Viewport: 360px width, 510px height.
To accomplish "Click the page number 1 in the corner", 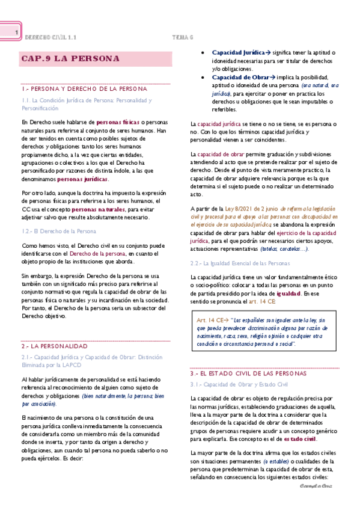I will tap(17, 32).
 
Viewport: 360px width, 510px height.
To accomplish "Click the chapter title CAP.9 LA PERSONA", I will tap(70, 59).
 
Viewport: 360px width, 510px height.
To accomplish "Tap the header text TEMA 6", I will tap(182, 37).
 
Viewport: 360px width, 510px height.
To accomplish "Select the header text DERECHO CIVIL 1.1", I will tap(50, 37).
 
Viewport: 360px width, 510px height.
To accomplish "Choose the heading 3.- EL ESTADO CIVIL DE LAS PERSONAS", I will tap(248, 373).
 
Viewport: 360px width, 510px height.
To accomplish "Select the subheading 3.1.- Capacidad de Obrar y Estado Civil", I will tap(239, 384).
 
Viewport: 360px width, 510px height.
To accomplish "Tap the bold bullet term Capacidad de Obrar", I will tap(239, 78).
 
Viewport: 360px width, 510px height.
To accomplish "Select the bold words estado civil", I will tap(301, 439).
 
